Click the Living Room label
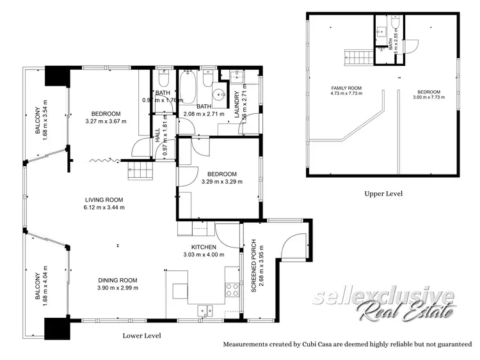click(104, 200)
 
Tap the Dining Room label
click(118, 280)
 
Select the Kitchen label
click(204, 247)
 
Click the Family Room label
click(346, 88)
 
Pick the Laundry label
click(236, 102)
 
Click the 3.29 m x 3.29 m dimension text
click(219, 182)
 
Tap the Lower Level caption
click(141, 336)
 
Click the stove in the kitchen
click(232, 289)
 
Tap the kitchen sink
click(205, 311)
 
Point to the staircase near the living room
click(142, 170)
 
